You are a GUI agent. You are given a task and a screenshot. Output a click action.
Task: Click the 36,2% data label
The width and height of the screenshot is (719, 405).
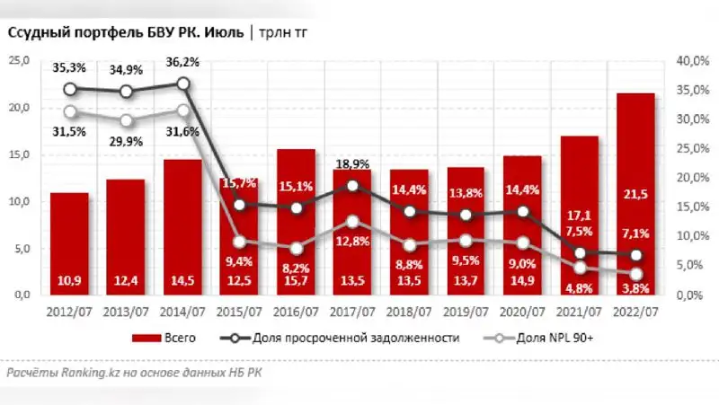point(182,63)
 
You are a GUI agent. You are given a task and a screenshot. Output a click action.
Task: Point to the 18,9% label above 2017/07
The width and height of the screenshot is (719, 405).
point(352,164)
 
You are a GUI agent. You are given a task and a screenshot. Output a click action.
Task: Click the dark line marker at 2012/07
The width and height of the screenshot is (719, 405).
point(70,89)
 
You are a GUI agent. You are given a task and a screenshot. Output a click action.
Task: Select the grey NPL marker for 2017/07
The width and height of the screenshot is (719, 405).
point(352,221)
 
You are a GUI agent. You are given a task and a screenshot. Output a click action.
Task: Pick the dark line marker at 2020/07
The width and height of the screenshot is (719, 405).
point(522,212)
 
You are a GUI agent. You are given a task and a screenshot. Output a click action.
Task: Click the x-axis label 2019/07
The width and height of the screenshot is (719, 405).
point(466,311)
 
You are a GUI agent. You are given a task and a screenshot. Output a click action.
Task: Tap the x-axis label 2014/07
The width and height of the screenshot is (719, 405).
point(182,311)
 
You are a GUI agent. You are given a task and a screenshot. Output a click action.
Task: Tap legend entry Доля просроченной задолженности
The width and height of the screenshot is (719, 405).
point(366,338)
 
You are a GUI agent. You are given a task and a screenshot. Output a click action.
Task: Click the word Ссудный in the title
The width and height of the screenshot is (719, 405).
point(38,33)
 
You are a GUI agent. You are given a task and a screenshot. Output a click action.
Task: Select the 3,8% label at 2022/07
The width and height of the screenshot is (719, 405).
point(635,288)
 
